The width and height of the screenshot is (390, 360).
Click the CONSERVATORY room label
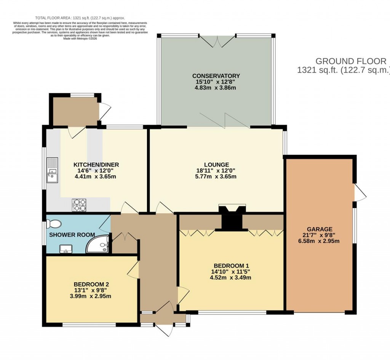coord(216,76)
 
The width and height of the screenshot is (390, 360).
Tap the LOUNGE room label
coord(216,165)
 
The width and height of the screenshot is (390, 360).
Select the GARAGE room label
coord(320,229)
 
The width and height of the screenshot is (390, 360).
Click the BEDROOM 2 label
coord(91,284)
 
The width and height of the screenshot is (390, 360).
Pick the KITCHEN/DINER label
coord(96,165)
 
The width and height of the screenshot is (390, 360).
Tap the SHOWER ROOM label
coord(72,235)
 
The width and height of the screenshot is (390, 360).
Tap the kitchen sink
coord(52,170)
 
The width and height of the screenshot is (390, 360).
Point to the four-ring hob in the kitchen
coord(79,205)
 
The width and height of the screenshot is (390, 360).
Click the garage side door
coord(359,193)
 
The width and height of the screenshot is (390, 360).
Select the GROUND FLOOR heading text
coord(351,61)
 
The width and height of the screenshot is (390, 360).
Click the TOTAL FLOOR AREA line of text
coord(80,18)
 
